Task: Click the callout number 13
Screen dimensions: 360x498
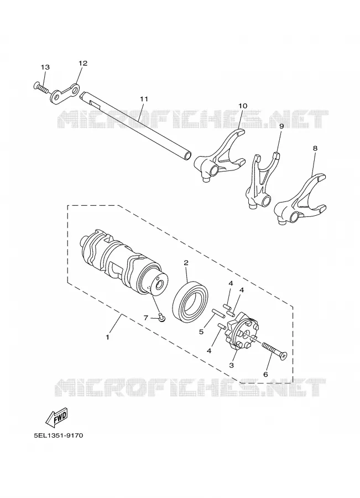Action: pyautogui.click(x=45, y=67)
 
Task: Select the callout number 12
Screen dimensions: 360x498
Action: pyautogui.click(x=82, y=63)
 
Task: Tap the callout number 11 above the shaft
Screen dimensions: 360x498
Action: pyautogui.click(x=144, y=99)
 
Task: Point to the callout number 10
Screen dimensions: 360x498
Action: pyautogui.click(x=243, y=106)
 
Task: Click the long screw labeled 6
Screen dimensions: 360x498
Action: pyautogui.click(x=274, y=351)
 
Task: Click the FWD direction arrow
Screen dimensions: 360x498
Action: pyautogui.click(x=57, y=416)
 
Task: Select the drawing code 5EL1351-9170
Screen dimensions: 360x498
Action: pyautogui.click(x=59, y=435)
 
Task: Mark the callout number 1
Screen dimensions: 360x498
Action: pyautogui.click(x=108, y=337)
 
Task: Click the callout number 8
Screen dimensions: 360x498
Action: pyautogui.click(x=315, y=148)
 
